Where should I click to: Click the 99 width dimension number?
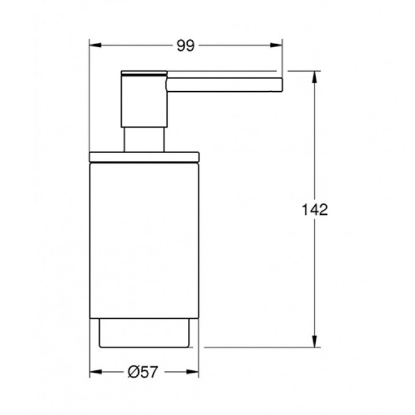[185, 45]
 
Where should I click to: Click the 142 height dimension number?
[315, 209]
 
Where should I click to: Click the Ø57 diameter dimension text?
[143, 372]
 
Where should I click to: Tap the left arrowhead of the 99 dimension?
[95, 45]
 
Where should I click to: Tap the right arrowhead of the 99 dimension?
[276, 45]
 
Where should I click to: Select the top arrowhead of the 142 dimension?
[315, 77]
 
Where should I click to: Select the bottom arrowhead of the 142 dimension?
[315, 342]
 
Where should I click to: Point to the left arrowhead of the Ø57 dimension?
[95, 372]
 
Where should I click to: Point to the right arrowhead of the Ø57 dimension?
[192, 372]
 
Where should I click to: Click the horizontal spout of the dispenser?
[225, 85]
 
